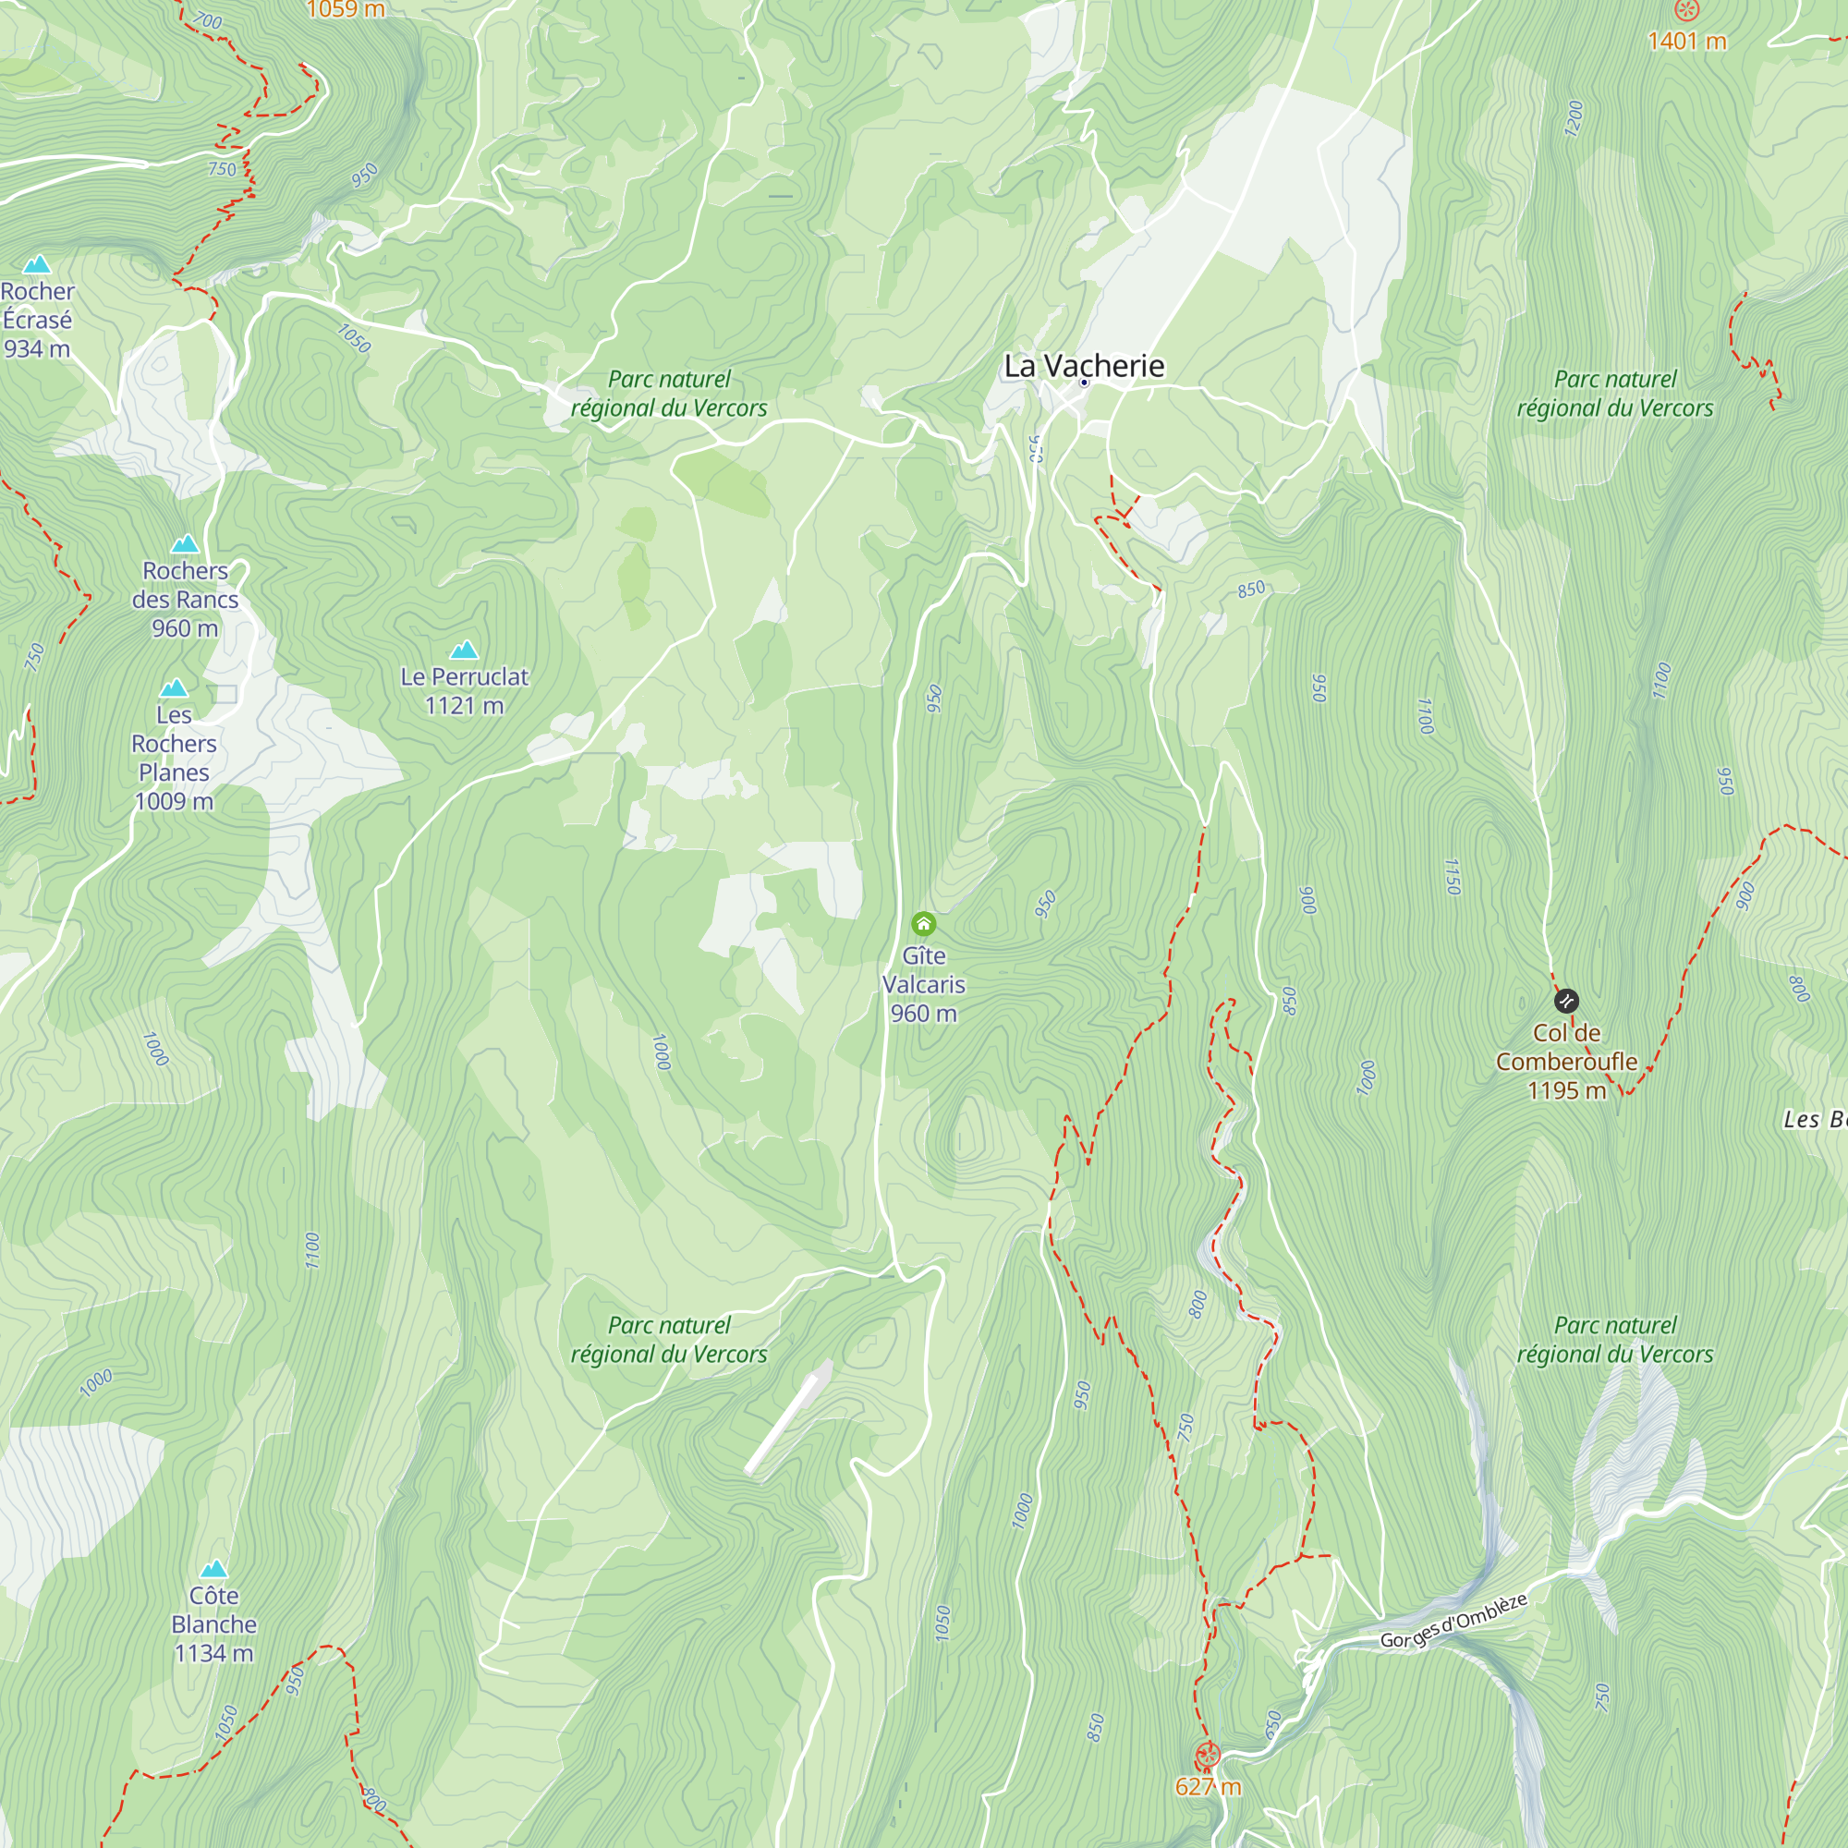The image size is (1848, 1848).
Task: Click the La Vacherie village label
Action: pos(1084,365)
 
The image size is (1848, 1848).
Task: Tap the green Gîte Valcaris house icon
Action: pos(923,924)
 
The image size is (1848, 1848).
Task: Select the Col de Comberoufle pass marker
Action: pos(1566,1002)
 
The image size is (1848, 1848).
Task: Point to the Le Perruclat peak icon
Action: pos(464,650)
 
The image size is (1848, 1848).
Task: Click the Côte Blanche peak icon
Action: pos(213,1570)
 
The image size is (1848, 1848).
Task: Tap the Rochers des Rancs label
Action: pos(185,599)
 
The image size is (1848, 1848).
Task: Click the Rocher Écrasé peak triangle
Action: pos(37,264)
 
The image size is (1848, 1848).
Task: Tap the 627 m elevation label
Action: pos(1208,1787)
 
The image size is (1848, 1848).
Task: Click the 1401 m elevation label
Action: pos(1686,42)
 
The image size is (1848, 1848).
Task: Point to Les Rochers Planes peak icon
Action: pos(173,688)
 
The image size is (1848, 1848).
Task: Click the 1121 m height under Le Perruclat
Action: pos(464,706)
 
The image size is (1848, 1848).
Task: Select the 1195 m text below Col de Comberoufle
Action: pos(1566,1090)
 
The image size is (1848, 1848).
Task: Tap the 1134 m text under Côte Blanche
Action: pos(213,1653)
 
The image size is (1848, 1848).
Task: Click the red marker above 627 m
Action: pos(1208,1757)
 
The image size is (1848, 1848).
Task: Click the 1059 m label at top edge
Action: pos(346,9)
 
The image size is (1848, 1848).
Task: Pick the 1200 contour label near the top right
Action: pos(1574,118)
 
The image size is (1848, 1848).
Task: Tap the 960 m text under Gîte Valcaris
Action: pos(923,1013)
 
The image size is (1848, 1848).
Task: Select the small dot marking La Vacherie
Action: pos(1084,383)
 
